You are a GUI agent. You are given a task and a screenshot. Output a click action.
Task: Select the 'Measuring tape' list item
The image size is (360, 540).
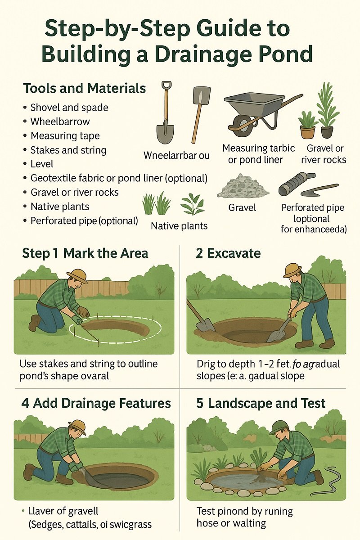tap(65, 135)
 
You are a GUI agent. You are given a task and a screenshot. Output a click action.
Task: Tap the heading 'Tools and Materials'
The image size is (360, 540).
tap(84, 88)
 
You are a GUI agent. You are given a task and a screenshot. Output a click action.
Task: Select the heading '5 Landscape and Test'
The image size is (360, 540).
tap(261, 403)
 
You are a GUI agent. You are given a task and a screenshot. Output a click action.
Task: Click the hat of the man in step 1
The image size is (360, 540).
tap(77, 275)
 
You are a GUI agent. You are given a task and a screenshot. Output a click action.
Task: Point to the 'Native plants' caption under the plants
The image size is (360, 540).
tap(179, 226)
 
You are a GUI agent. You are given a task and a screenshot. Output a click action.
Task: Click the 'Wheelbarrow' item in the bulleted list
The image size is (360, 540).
tap(60, 121)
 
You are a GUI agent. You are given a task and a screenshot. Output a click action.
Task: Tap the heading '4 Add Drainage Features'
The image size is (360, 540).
tap(96, 403)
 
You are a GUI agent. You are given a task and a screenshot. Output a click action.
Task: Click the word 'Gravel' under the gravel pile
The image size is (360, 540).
tap(243, 207)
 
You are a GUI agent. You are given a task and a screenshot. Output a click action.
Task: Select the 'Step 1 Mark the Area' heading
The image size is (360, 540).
tap(85, 253)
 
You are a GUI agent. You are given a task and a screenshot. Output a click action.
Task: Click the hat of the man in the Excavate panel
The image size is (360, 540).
tap(292, 270)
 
